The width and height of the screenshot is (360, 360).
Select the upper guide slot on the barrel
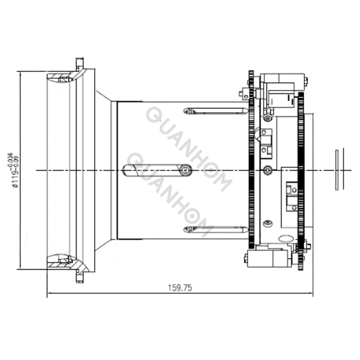(216, 111)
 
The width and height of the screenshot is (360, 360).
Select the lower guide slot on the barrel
(216, 229)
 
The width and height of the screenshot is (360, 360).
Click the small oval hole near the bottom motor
(286, 238)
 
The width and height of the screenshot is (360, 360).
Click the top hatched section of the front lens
(61, 77)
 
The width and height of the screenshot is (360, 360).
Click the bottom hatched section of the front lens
(61, 261)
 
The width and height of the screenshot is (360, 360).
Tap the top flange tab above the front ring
(80, 63)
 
